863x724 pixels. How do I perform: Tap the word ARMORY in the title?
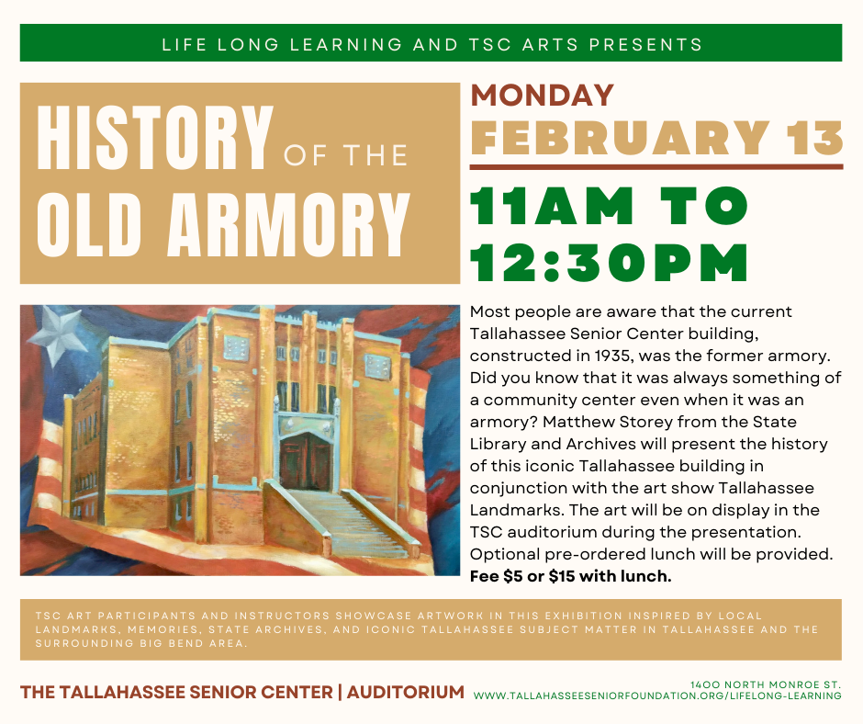[289, 225]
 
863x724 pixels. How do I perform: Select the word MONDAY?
[542, 95]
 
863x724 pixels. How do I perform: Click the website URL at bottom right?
[657, 696]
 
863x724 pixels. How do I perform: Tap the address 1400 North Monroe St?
[766, 684]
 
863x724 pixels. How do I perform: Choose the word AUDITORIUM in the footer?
[406, 692]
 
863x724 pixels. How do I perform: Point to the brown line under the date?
[656, 166]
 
